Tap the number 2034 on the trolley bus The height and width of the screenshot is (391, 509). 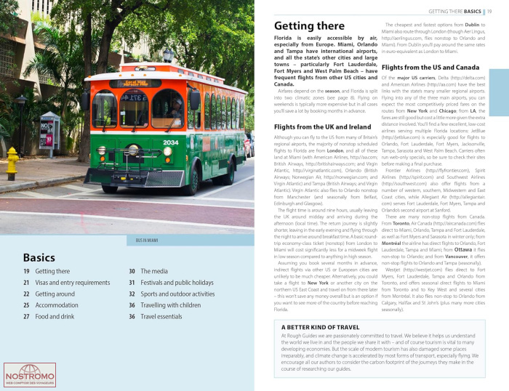pyautogui.click(x=171, y=142)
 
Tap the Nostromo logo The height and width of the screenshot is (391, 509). pyautogui.click(x=24, y=374)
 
